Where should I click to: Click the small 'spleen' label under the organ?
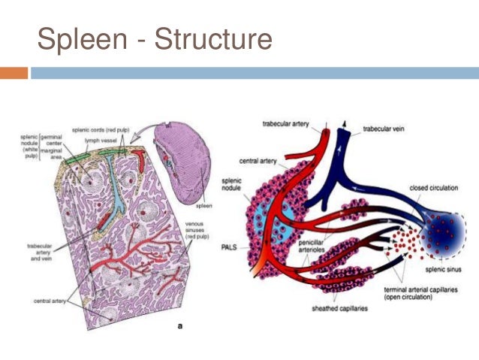click(x=205, y=204)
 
